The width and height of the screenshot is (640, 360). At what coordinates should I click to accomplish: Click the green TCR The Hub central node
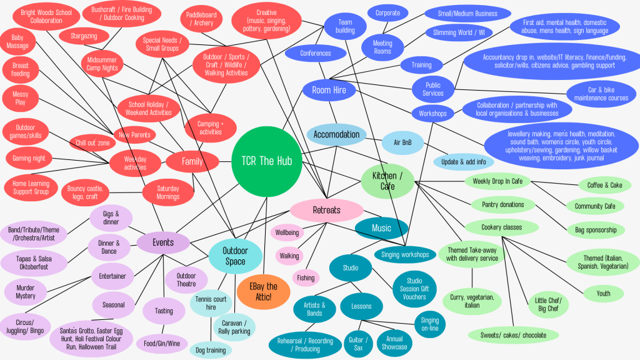point(267,161)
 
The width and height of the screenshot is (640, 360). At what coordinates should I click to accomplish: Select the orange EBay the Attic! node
point(263,291)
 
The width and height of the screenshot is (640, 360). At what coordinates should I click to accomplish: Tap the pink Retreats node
point(326,211)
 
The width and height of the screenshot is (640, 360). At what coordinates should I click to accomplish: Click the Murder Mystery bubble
point(26,291)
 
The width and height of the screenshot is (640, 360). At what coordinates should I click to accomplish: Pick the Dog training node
point(211,350)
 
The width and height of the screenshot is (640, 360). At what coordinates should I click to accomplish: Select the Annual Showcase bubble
point(394,342)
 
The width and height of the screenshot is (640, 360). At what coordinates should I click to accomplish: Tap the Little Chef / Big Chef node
point(548,305)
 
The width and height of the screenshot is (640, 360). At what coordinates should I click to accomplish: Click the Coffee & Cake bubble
point(604,185)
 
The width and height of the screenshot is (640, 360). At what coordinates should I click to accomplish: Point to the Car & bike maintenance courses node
point(599,94)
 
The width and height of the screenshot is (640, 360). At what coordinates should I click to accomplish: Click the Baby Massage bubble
point(17,42)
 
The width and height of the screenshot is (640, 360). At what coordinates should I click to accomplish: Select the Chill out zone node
point(92,143)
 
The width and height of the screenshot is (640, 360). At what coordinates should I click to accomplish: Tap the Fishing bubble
point(306,278)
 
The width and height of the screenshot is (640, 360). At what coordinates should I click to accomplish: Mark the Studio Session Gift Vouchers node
point(414,289)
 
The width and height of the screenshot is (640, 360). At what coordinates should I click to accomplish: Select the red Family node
point(192,162)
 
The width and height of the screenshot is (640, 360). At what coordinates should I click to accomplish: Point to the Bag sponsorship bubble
point(595,230)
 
